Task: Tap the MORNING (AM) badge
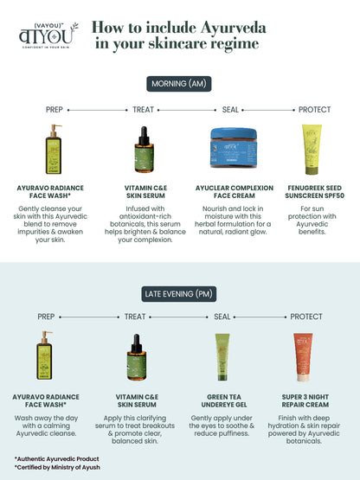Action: coord(180,83)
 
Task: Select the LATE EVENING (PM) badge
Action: coord(180,294)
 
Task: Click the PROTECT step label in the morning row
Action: coord(314,110)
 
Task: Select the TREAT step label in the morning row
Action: coord(143,110)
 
